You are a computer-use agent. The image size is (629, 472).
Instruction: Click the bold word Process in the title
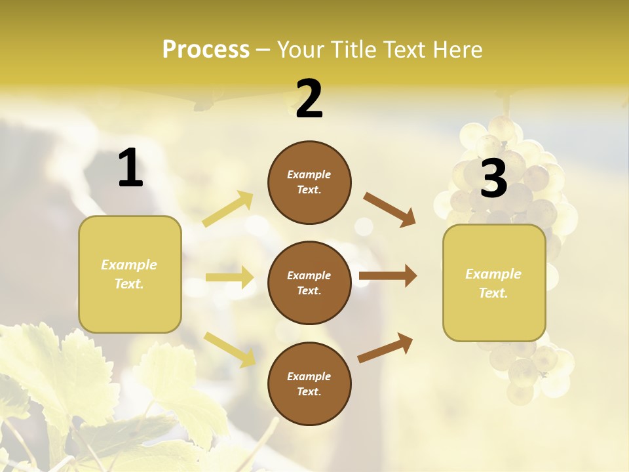[206, 50]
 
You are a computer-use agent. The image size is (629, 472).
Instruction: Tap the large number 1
[130, 168]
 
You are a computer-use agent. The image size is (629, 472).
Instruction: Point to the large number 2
[309, 99]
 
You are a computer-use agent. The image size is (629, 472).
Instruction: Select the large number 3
[493, 178]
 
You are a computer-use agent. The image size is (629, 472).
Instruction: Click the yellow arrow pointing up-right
[228, 209]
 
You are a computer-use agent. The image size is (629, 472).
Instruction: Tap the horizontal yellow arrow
[229, 277]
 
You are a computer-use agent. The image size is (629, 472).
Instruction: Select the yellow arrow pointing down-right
[229, 349]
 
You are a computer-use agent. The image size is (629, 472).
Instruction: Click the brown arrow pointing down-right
[390, 209]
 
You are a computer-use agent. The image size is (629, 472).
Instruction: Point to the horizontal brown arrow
[387, 276]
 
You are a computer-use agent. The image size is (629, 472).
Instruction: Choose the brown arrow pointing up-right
[385, 347]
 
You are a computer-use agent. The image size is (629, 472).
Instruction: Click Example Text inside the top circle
[309, 182]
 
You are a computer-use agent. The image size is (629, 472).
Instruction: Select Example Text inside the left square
[129, 274]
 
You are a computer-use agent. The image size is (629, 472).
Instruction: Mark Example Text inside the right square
[493, 283]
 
